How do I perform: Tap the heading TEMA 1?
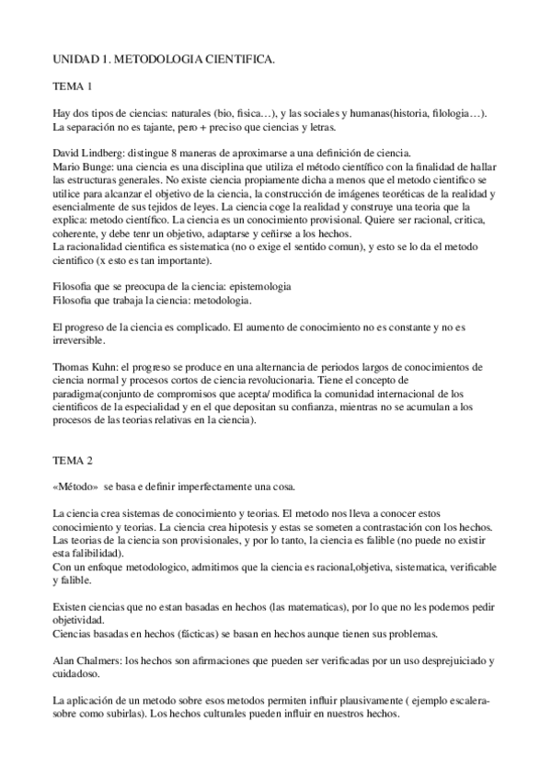pyautogui.click(x=73, y=86)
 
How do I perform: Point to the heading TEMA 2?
pyautogui.click(x=73, y=459)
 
